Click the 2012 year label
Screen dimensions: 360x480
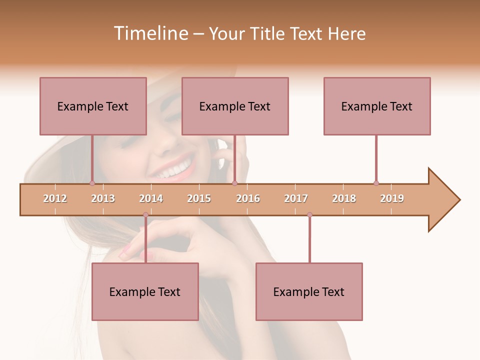[55, 198]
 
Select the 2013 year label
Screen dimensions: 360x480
[103, 198]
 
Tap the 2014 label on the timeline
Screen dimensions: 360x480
[151, 198]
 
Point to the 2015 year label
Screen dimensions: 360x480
[199, 198]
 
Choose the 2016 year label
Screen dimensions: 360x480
[248, 198]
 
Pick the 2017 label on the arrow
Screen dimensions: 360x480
[296, 198]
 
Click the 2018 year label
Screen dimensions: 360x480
[344, 198]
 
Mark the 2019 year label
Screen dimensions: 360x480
[392, 198]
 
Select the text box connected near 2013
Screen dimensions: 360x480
[93, 106]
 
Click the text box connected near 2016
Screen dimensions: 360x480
[235, 106]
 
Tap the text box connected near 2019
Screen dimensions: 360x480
[377, 106]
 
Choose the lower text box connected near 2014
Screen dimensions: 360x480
[145, 291]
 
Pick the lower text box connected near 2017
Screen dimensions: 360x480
[309, 291]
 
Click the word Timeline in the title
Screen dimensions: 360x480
[150, 33]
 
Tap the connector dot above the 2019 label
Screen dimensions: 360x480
[376, 183]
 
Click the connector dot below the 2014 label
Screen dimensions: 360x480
[145, 215]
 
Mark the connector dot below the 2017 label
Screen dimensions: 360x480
[309, 215]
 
